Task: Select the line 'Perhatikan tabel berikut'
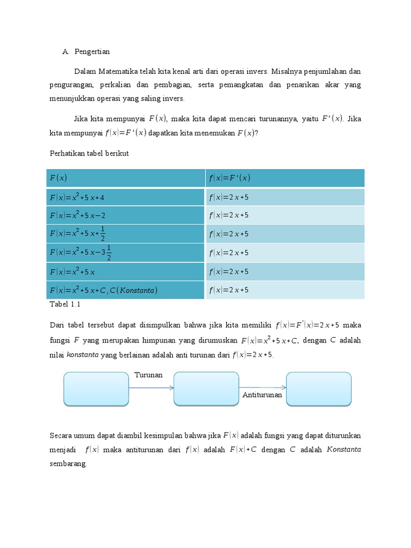point(89,153)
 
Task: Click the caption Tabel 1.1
point(65,304)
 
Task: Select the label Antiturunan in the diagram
point(262,394)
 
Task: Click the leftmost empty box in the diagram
point(96,389)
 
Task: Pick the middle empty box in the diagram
point(207,389)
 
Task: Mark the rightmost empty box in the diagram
point(319,389)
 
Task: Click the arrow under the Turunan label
point(151,388)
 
